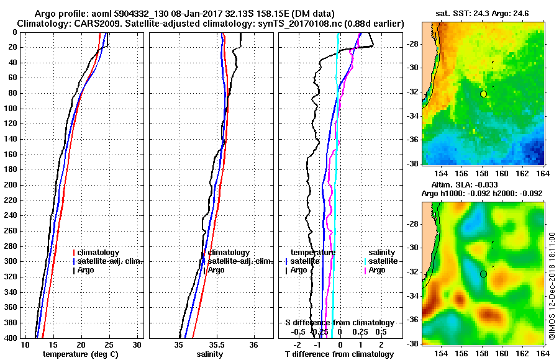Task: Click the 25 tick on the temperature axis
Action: click(x=109, y=344)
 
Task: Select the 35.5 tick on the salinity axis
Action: click(x=216, y=344)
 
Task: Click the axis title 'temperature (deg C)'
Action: click(x=80, y=354)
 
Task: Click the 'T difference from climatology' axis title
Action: click(x=339, y=354)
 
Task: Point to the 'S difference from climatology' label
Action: click(x=339, y=323)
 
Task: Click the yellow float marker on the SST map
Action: click(x=483, y=94)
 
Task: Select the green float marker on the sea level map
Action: click(x=483, y=274)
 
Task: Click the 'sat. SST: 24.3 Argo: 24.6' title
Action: click(x=483, y=14)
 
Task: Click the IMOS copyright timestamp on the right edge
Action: click(x=552, y=286)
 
